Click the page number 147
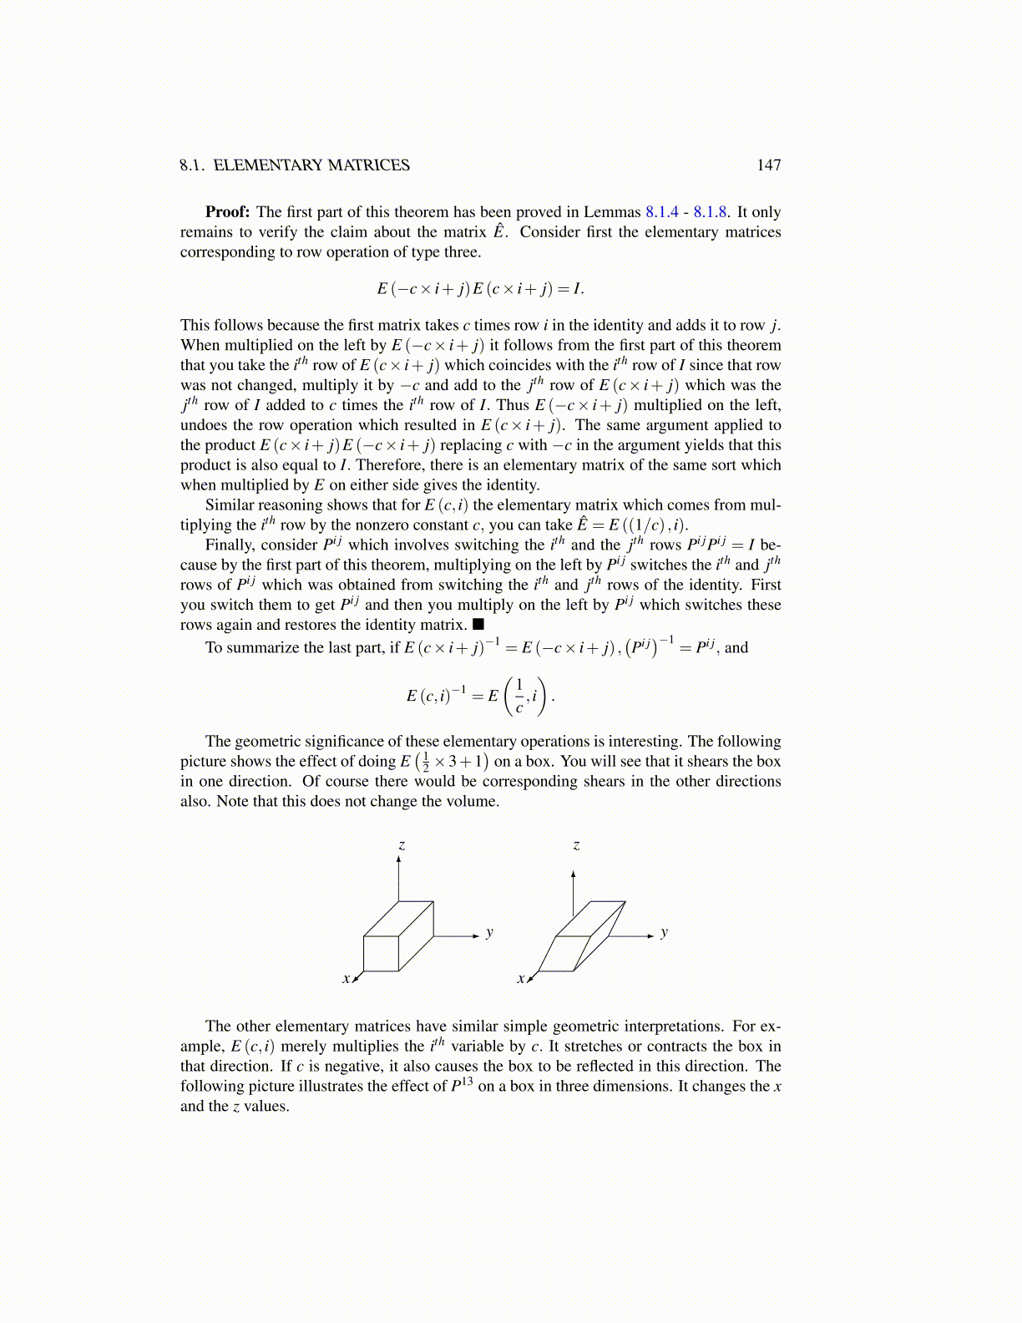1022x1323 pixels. click(x=768, y=165)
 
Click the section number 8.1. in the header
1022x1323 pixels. click(x=192, y=165)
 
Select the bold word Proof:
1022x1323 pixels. click(x=228, y=212)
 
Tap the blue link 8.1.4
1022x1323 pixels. click(x=662, y=212)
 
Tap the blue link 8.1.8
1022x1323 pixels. click(x=710, y=212)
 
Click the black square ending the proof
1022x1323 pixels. click(x=478, y=624)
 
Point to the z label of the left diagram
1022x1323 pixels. click(x=402, y=845)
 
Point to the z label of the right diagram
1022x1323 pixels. click(x=576, y=845)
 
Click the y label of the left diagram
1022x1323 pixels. click(x=489, y=932)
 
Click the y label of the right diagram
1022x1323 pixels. click(x=664, y=932)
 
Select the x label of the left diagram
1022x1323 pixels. click(x=346, y=978)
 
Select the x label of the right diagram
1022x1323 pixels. click(x=520, y=978)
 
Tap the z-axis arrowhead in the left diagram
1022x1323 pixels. click(x=399, y=860)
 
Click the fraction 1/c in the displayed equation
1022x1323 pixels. click(x=519, y=696)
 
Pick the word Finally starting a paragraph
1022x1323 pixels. click(x=230, y=545)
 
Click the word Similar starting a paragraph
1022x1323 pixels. click(x=230, y=505)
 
